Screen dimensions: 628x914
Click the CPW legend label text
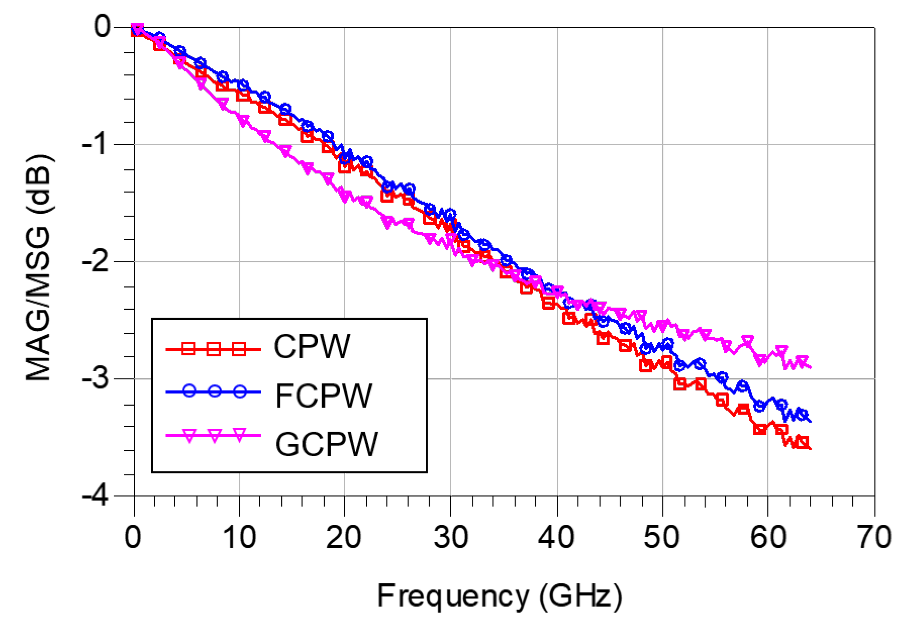tap(311, 347)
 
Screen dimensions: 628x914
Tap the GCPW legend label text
tap(326, 444)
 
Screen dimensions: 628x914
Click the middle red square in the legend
tap(214, 348)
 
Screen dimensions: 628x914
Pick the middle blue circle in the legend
tap(214, 391)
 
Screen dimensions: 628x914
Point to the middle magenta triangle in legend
tap(214, 435)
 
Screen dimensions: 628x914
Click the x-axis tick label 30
tap(451, 538)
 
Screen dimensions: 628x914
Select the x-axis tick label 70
tap(874, 538)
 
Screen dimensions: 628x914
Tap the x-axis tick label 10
tap(239, 538)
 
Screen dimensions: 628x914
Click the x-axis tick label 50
tap(661, 538)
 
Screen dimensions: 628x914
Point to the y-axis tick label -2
tap(96, 262)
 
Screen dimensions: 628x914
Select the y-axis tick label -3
tap(96, 379)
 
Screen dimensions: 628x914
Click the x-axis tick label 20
tap(344, 538)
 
